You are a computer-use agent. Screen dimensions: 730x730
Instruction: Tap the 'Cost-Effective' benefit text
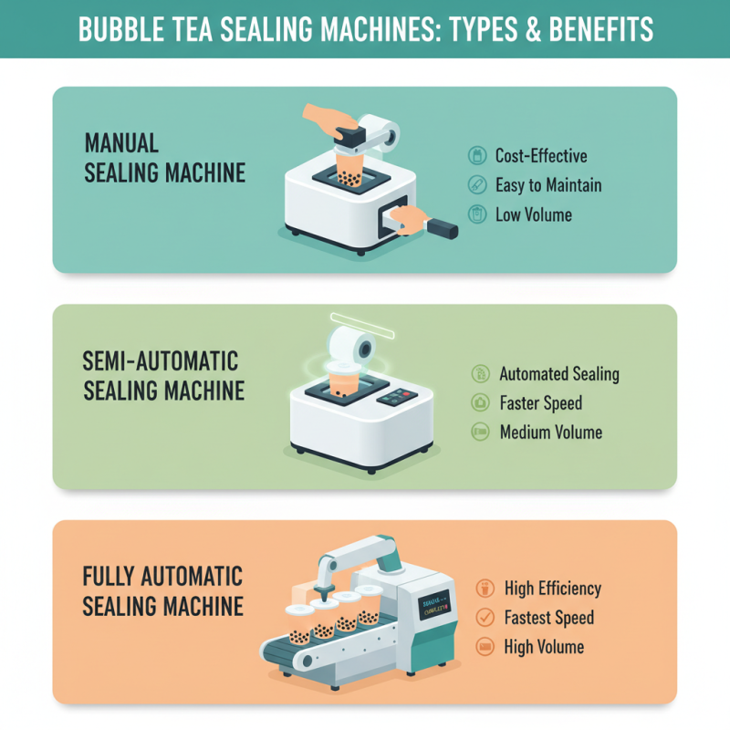click(540, 156)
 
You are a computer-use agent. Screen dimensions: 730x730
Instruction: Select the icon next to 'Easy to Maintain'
click(476, 185)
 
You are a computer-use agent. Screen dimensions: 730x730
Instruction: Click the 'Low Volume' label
click(533, 215)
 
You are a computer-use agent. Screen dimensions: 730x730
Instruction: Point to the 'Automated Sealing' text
click(558, 374)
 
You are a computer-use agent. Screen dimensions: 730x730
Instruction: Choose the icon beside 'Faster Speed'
click(478, 402)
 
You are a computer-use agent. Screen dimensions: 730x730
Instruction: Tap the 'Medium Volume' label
click(550, 432)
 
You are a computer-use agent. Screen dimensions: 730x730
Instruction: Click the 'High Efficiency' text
click(552, 589)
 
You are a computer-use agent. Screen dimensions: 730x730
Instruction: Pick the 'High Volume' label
click(544, 647)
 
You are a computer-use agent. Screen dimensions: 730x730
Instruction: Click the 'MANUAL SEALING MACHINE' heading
click(164, 157)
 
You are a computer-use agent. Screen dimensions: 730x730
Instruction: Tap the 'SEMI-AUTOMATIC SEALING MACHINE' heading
click(164, 374)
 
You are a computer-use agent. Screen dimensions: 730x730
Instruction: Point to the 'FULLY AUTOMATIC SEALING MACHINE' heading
click(162, 590)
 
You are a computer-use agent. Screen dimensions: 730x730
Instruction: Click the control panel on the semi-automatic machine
click(398, 399)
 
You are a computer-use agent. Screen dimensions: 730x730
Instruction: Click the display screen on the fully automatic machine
click(434, 606)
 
